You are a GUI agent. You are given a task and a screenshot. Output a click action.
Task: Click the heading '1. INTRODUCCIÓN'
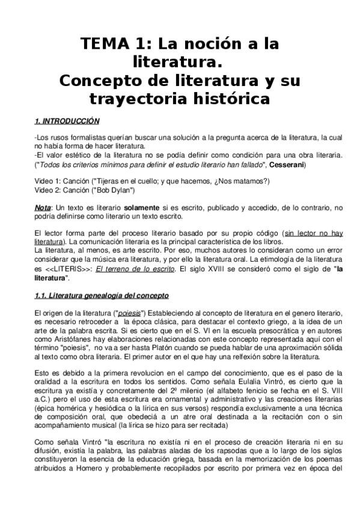(x=67, y=121)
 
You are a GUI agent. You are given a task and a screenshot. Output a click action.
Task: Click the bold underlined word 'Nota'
(x=42, y=207)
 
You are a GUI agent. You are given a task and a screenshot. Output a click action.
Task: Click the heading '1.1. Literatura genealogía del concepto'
(x=102, y=295)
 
